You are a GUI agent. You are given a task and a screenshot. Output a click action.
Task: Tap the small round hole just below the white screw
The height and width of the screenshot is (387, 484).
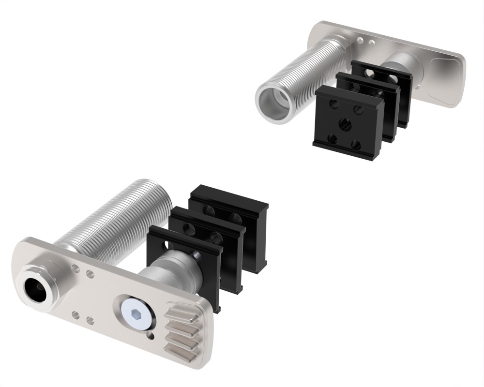click(x=151, y=334)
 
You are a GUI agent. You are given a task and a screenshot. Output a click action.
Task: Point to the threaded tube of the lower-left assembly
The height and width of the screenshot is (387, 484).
click(x=116, y=218)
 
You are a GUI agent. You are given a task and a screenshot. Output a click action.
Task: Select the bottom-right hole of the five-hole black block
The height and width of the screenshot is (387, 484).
click(x=356, y=145)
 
